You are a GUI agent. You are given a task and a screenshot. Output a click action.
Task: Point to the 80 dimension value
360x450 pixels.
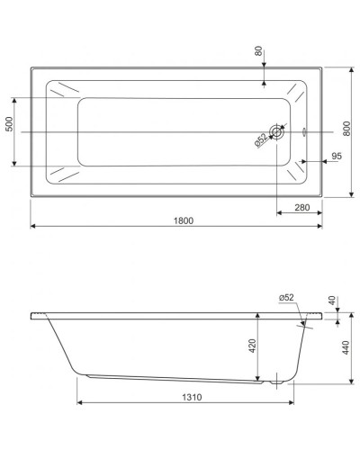coord(259,51)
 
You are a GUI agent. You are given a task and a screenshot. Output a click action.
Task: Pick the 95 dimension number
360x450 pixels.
coord(335,157)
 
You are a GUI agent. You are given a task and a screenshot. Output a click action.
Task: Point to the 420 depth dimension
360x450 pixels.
coord(253,344)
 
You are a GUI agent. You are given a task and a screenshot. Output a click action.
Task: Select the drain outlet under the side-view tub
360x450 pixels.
coord(274,380)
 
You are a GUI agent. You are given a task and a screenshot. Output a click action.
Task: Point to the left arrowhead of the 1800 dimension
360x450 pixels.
coord(34,226)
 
